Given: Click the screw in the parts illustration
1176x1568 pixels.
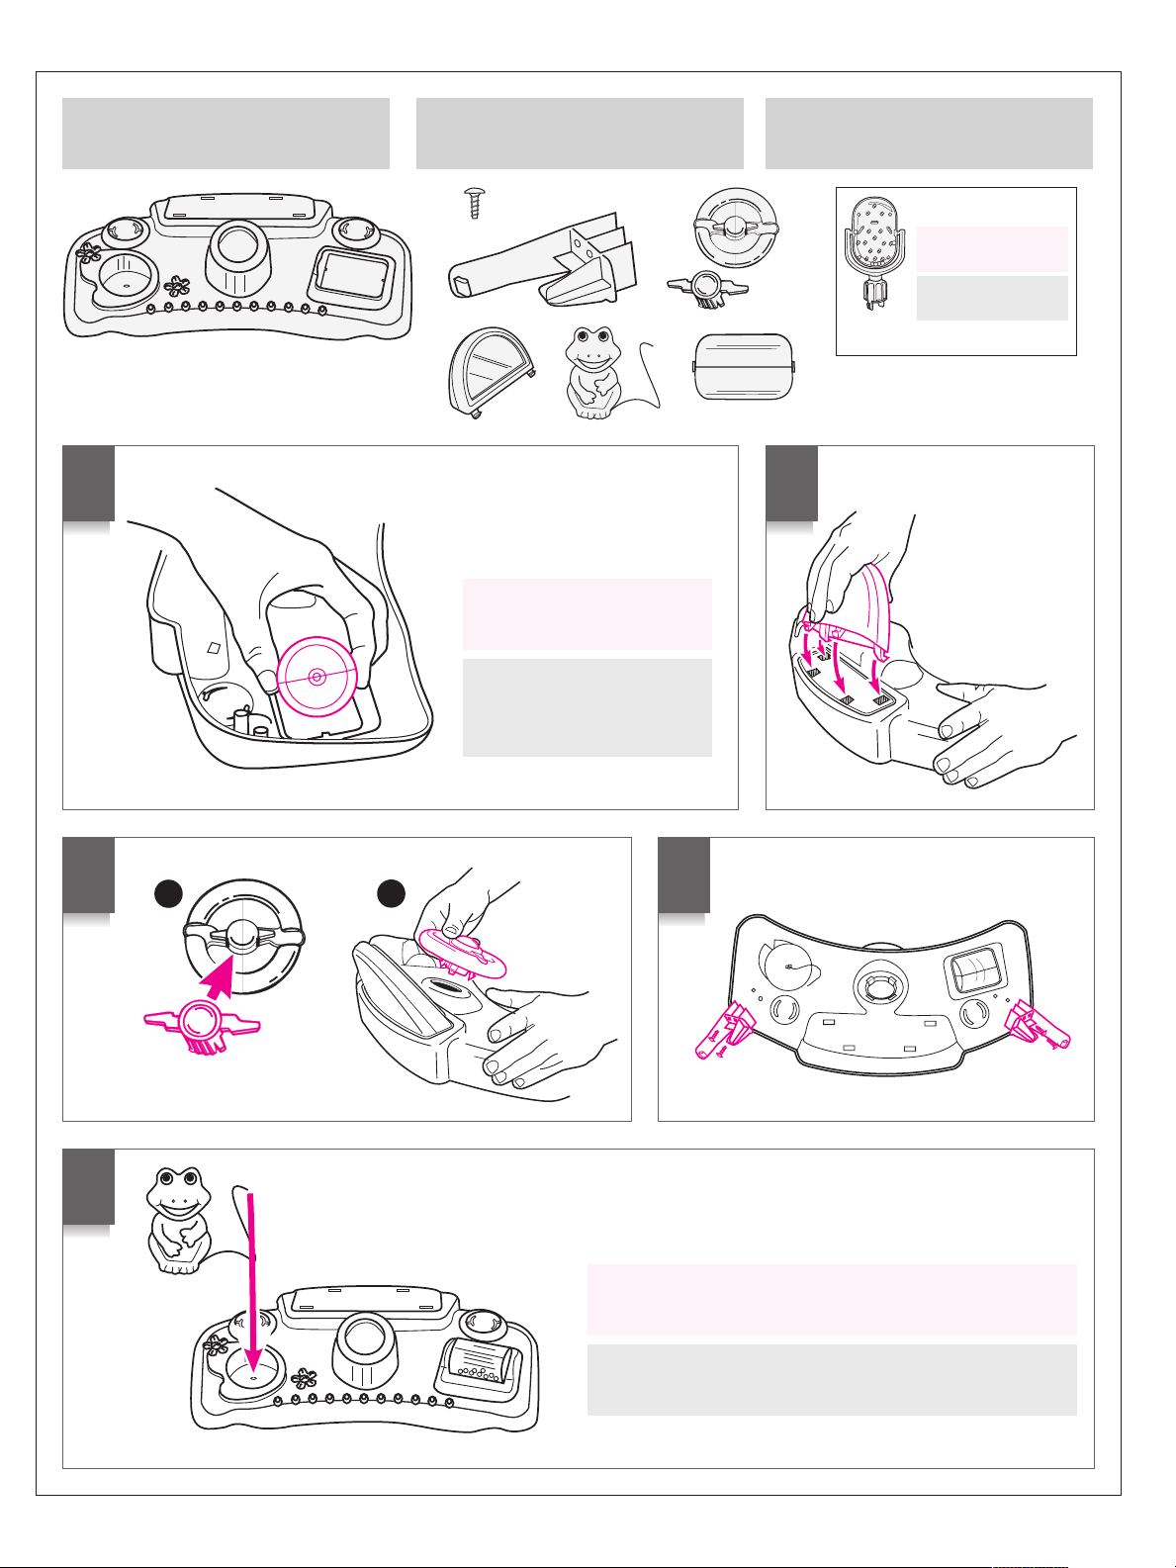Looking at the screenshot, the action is [x=473, y=205].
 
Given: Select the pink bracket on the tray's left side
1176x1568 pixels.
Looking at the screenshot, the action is [x=725, y=1026].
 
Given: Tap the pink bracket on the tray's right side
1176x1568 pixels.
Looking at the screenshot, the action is [x=1040, y=1023].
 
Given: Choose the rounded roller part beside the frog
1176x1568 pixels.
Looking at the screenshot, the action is [x=745, y=367].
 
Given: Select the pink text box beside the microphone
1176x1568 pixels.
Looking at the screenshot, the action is [x=992, y=248].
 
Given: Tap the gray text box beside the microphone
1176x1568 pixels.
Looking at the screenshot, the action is [x=992, y=298].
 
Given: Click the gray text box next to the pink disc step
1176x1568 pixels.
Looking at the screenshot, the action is [x=587, y=707].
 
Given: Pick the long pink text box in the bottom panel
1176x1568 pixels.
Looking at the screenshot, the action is [x=831, y=1299].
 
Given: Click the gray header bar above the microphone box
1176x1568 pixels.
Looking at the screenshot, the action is [x=929, y=134].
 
